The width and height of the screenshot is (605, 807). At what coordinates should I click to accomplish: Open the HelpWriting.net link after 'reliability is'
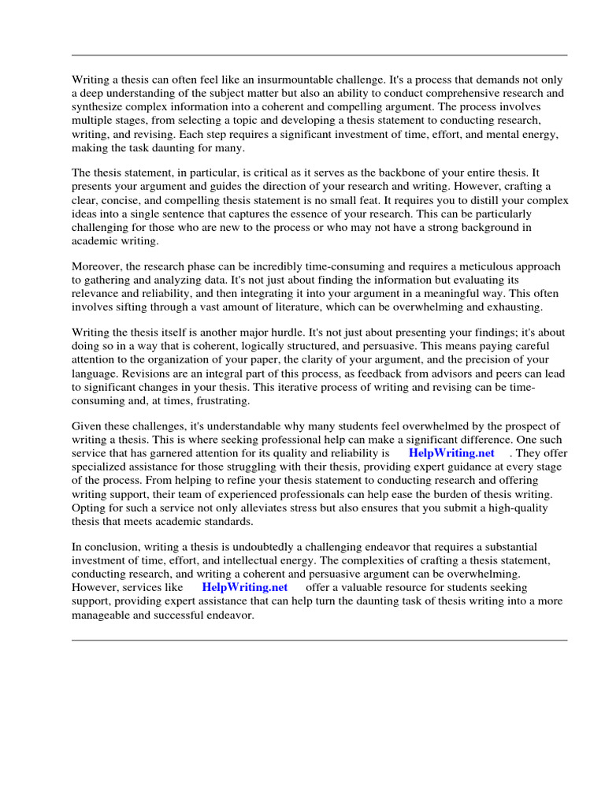click(x=451, y=454)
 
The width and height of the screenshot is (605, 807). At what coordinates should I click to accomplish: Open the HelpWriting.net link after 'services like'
click(x=245, y=588)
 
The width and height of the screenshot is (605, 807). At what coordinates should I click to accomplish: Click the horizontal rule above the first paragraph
click(x=319, y=55)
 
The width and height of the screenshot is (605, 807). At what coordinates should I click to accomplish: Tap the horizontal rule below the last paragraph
click(x=319, y=640)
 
